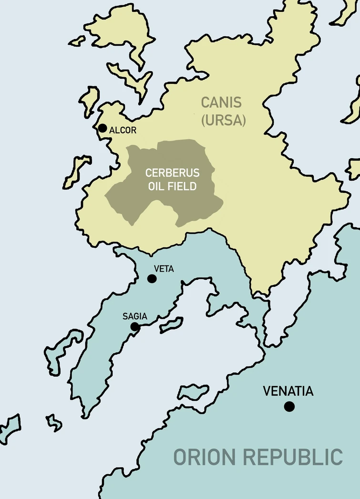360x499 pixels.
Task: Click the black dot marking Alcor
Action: click(x=102, y=128)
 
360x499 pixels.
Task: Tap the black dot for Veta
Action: click(x=152, y=279)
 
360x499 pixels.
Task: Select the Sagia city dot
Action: click(x=135, y=326)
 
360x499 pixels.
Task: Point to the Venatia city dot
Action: click(x=289, y=407)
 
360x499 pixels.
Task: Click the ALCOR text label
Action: click(x=123, y=130)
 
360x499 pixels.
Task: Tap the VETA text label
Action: click(x=164, y=269)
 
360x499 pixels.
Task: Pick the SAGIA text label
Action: click(x=134, y=316)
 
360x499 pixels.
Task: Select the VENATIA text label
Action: click(x=288, y=392)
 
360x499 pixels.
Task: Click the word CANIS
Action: click(x=221, y=102)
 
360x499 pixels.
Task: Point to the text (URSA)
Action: click(x=223, y=121)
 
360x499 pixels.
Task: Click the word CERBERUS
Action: click(x=172, y=173)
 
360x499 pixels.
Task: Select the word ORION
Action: click(x=205, y=457)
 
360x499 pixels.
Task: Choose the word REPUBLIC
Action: click(x=293, y=457)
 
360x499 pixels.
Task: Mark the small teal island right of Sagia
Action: click(x=171, y=325)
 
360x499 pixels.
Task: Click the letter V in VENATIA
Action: click(x=267, y=392)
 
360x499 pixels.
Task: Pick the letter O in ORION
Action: click(x=180, y=457)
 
